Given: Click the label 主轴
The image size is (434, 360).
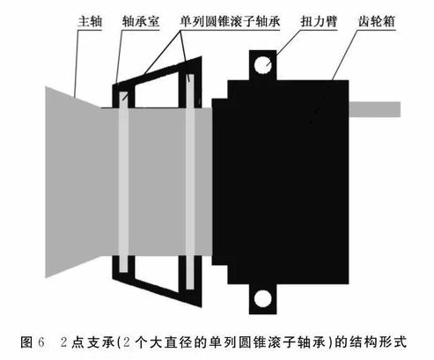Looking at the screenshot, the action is (x=90, y=21).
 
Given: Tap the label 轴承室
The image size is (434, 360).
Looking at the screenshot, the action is (x=141, y=21).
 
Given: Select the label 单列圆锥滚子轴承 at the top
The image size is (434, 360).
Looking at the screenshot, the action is (x=230, y=21).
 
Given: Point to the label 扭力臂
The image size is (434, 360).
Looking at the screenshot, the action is (x=319, y=21).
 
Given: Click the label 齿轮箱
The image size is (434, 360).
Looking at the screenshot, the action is (x=377, y=21).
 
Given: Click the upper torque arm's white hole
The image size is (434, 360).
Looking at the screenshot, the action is (x=262, y=65).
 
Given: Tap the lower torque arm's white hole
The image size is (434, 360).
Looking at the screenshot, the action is (x=262, y=298).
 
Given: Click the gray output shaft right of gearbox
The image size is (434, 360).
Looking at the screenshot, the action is (x=375, y=109).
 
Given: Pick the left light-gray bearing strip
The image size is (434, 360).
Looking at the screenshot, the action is (x=123, y=182).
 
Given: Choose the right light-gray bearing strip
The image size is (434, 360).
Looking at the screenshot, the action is (x=190, y=182).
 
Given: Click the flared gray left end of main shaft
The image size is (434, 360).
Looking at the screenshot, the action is (x=73, y=182).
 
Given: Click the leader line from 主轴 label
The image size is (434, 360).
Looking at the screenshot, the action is (x=77, y=63).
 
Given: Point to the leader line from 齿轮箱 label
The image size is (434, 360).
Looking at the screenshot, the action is (x=345, y=55).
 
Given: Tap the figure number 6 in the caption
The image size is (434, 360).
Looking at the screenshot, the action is (x=41, y=342).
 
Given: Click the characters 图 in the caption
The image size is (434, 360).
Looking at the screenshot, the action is (x=26, y=342).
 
